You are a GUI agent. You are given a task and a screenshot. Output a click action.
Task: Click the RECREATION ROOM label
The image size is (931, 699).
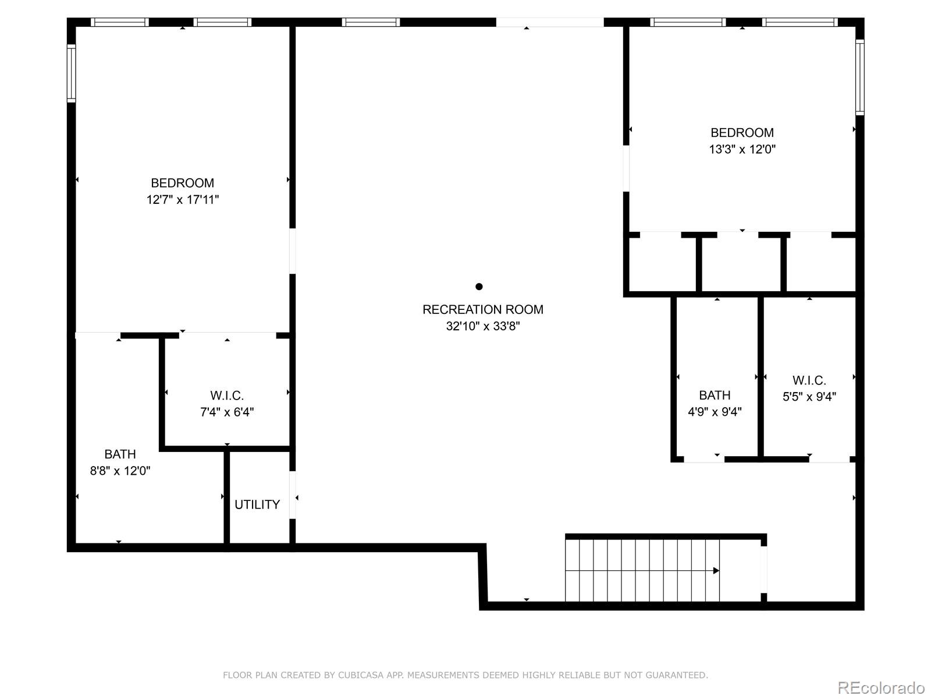coord(482,309)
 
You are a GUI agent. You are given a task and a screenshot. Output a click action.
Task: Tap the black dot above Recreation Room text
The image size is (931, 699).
coord(479,286)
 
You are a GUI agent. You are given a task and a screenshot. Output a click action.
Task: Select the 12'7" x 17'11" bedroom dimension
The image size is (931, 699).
coord(182,200)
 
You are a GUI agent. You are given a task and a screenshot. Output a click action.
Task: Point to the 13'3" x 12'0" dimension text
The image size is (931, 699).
coord(742,149)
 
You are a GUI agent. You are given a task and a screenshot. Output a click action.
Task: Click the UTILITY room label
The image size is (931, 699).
coord(257,504)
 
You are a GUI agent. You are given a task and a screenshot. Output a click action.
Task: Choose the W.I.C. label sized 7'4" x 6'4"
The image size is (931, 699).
coord(227,396)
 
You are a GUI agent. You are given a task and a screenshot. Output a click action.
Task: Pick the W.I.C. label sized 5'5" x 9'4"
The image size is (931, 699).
coord(809,380)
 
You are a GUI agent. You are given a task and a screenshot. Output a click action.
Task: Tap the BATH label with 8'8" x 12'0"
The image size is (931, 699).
coord(120,454)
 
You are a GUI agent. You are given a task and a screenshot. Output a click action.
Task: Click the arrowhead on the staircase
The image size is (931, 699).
coord(716,571)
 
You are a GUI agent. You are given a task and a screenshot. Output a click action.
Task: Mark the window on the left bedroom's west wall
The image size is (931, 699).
coord(71,73)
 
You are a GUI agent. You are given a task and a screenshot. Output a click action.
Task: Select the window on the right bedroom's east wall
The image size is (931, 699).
coord(859,77)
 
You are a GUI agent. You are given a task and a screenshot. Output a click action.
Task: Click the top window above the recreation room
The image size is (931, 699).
coord(371,22)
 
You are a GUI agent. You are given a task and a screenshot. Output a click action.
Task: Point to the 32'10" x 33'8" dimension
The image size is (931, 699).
coord(482,326)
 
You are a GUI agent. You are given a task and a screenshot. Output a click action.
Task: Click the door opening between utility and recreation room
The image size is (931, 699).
coord(293,495)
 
